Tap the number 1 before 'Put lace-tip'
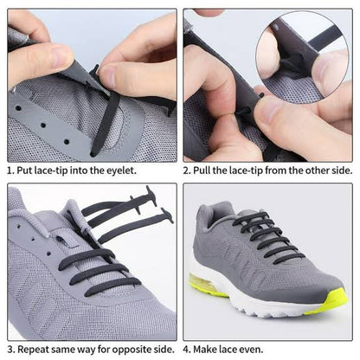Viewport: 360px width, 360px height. (x=10, y=170)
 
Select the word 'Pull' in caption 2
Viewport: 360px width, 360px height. (x=208, y=170)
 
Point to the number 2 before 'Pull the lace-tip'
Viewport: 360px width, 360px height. (x=188, y=170)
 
